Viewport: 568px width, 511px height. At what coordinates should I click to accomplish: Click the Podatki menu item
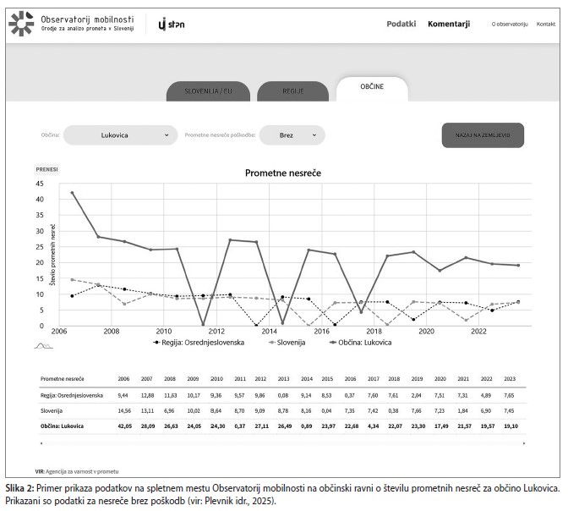401,24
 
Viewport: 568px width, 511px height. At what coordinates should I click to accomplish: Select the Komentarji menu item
448,24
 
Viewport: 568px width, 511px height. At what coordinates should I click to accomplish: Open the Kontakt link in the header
546,24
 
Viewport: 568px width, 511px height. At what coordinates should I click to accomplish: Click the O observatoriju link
510,24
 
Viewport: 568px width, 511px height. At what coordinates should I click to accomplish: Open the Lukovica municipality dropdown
120,135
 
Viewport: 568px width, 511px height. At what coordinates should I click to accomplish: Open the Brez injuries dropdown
292,135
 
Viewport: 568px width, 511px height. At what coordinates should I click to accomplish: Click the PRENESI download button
46,169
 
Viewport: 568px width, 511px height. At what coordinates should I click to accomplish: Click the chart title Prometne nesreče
283,173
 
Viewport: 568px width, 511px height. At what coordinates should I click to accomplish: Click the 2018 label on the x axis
374,332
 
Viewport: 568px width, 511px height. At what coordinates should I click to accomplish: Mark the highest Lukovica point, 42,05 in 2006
72,193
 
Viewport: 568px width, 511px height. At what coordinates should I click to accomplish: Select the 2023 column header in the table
510,379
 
